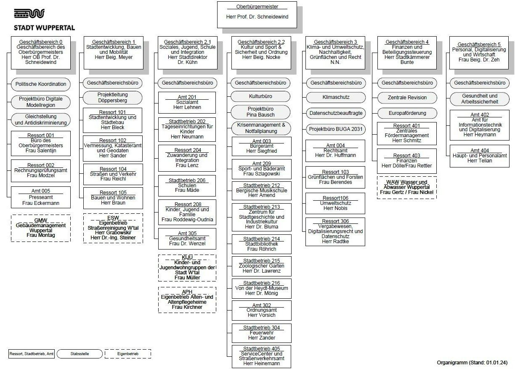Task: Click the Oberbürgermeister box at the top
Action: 257,15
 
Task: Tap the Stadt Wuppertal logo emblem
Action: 28,14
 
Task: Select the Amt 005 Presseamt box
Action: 41,197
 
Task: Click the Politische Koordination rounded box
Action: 41,84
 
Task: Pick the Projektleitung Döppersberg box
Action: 112,98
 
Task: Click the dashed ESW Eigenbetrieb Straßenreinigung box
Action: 113,228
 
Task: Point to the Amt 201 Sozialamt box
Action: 187,102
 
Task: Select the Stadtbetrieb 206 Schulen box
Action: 187,185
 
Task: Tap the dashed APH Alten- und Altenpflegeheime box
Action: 187,300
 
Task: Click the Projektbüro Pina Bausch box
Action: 260,111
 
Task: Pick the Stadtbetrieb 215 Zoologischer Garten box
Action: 261,266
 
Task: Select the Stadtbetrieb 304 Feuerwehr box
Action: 261,332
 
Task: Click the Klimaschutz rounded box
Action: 336,97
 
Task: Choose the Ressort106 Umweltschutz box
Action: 335,203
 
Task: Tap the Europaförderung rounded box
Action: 407,113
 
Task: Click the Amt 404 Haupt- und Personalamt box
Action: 479,155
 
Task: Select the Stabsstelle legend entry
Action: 79,354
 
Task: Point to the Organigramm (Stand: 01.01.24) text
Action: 472,362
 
